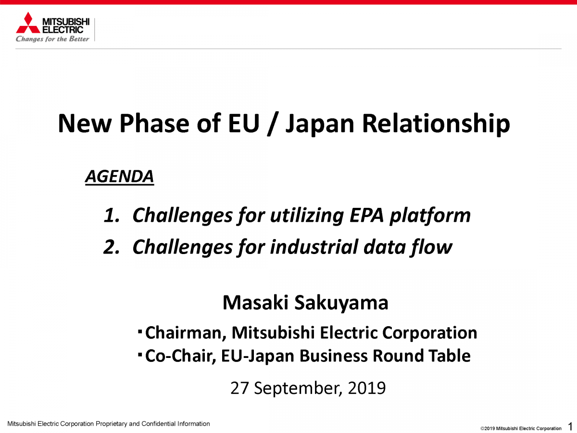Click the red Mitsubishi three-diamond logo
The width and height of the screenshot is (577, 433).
[x=28, y=23]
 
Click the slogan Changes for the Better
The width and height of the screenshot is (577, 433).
[x=52, y=39]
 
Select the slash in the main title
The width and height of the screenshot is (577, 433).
[x=273, y=124]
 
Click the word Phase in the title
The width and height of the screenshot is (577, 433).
[x=154, y=123]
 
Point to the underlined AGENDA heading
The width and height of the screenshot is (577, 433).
[x=119, y=177]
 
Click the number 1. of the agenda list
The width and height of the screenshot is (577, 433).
[x=112, y=216]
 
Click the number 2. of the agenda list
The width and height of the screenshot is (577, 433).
[x=112, y=247]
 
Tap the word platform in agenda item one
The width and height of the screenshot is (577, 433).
[x=430, y=216]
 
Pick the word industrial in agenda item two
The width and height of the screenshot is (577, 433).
[x=314, y=247]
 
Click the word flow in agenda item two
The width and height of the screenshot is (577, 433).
[x=430, y=247]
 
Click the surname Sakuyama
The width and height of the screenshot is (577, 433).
[x=341, y=304]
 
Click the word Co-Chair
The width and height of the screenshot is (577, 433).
[x=180, y=356]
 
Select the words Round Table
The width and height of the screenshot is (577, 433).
[x=422, y=356]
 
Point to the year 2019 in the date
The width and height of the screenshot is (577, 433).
[x=367, y=388]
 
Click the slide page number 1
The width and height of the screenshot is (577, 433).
[x=570, y=426]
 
